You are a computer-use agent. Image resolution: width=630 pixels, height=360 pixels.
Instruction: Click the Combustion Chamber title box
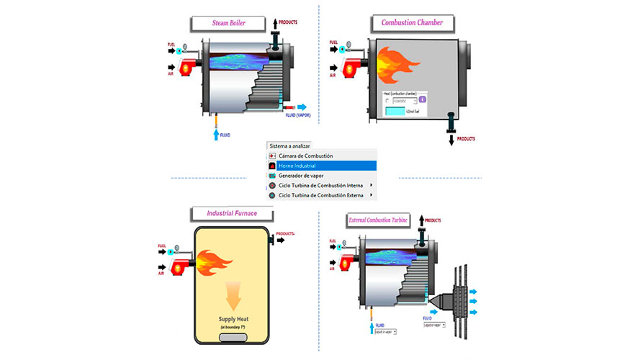[412, 23]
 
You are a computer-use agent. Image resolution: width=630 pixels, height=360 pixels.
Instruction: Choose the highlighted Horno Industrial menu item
[321, 166]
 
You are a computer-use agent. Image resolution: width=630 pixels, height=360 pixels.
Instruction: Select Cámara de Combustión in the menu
[321, 156]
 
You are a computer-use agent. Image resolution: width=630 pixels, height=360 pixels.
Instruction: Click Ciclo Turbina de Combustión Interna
[321, 185]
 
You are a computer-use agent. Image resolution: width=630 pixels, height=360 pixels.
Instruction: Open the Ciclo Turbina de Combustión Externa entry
[321, 195]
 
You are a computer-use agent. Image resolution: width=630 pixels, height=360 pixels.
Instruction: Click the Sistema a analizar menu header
[289, 146]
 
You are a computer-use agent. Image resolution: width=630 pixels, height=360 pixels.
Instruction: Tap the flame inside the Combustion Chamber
[394, 62]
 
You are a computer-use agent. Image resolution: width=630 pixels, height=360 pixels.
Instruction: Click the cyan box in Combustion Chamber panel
[397, 111]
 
